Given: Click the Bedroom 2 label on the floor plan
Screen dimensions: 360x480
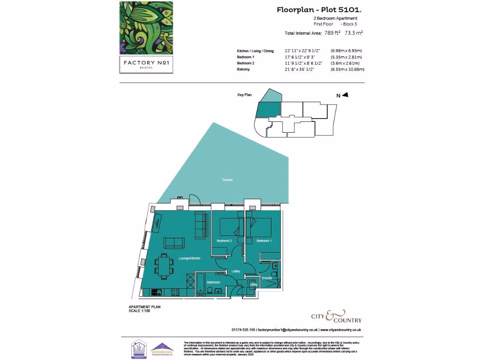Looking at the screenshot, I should point(224,241).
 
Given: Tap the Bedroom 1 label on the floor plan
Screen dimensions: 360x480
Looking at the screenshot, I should point(264,241).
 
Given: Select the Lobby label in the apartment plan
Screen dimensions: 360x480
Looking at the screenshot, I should point(236,271).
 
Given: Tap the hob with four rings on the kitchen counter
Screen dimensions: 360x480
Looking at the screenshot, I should point(176,292).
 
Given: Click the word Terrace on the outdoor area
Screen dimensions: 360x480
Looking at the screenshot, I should point(228,180).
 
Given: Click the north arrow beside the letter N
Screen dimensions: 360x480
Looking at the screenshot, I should point(345,95).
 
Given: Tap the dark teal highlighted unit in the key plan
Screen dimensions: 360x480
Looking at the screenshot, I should point(269,111).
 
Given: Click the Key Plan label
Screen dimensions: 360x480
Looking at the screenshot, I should point(244,95).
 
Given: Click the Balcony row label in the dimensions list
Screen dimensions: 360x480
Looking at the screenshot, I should point(243,69).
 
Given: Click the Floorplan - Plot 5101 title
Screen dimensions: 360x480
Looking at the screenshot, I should point(319,9).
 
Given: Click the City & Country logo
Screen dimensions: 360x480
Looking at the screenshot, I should point(336,316).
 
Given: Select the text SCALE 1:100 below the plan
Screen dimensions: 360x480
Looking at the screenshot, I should point(139,311).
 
